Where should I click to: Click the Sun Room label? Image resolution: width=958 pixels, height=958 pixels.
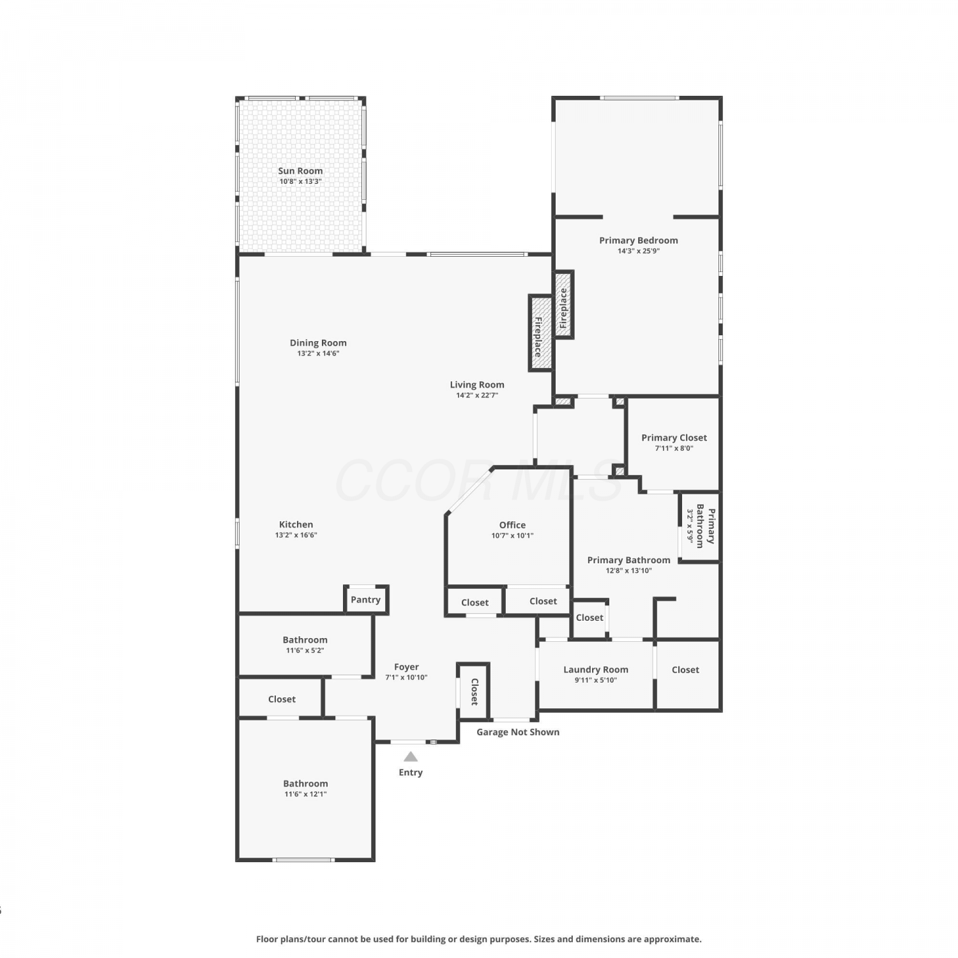pos(300,171)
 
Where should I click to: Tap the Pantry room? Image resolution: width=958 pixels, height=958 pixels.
pos(366,600)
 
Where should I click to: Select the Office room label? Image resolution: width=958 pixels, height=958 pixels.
pos(512,525)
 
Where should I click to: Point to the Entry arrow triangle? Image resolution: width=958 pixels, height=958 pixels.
pos(411,757)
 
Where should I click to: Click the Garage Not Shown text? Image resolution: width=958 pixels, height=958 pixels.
pos(518,732)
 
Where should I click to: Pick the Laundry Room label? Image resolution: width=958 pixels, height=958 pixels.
pos(596,669)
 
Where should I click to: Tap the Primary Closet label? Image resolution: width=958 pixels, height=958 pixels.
pos(674,437)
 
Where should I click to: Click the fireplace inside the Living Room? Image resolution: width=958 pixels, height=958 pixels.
pos(540,333)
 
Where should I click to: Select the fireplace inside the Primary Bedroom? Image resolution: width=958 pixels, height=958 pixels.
pos(563,305)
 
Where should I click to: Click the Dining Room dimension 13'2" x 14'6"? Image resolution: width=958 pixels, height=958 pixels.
pos(318,353)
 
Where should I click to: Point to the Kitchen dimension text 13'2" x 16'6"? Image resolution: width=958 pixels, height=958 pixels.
pos(296,535)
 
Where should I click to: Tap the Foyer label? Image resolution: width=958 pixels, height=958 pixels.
pos(406,667)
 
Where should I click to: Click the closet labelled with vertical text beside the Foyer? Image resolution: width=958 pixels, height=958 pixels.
pos(474,691)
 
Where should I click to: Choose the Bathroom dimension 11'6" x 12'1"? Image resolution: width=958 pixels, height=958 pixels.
pos(305,794)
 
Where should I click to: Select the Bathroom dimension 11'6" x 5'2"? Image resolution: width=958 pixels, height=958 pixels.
pos(305,650)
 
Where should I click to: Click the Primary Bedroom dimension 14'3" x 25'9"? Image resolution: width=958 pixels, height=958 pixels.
pos(639,251)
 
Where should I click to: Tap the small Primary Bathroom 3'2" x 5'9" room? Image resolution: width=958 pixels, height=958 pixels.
pos(700,527)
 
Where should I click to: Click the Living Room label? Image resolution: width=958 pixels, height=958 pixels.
pos(477,384)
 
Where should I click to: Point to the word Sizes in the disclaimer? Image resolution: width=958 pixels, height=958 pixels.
pos(545,939)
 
